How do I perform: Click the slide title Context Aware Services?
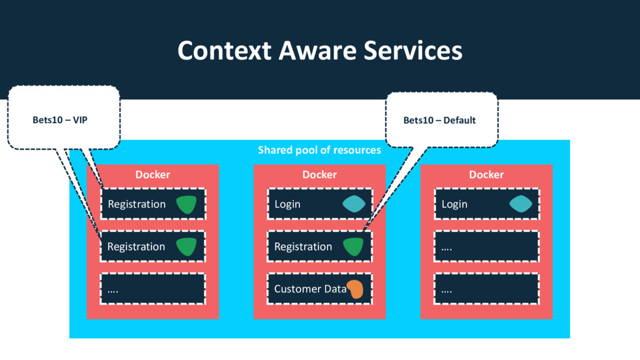click(319, 50)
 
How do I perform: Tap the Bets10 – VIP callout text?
click(60, 120)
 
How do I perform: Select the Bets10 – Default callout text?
click(439, 120)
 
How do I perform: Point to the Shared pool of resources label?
click(319, 150)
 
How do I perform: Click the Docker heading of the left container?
click(152, 174)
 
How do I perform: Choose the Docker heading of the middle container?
click(319, 174)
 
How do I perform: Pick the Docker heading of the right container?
click(486, 174)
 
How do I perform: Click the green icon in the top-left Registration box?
click(186, 204)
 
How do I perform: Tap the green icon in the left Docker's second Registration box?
click(186, 247)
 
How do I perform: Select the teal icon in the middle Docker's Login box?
click(354, 204)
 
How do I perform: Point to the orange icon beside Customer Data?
click(355, 289)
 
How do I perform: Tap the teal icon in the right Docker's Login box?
click(521, 204)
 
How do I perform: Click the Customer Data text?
click(310, 289)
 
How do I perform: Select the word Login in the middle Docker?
click(287, 204)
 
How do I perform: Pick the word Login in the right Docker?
click(454, 204)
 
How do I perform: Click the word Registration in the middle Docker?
click(303, 246)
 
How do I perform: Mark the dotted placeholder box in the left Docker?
click(153, 289)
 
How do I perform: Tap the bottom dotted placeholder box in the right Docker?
click(487, 289)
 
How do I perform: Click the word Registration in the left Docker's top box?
click(137, 204)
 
